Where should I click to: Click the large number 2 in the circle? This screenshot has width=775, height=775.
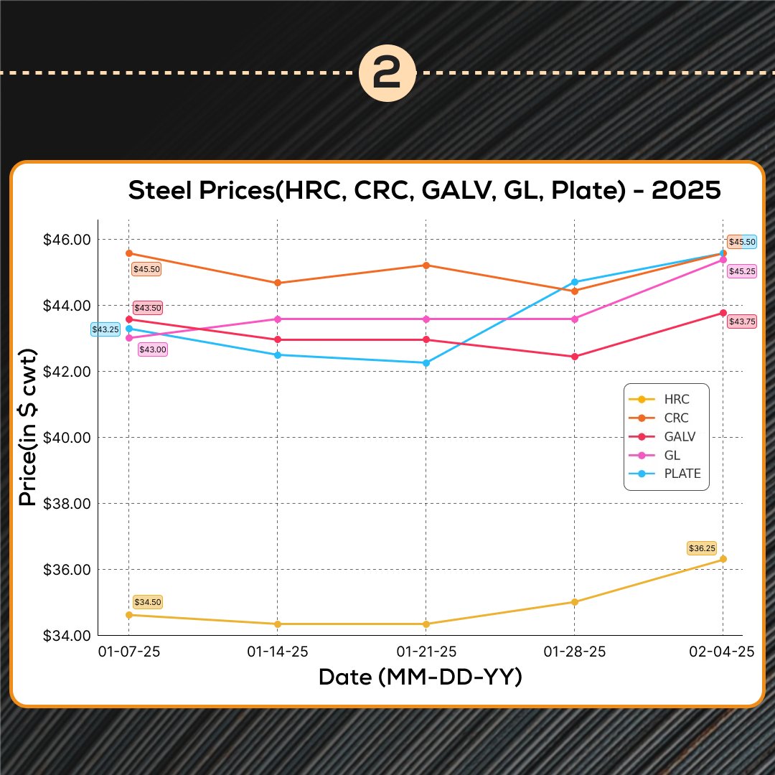[x=387, y=74]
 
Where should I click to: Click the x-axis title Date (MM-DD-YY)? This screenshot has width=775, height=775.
[x=420, y=677]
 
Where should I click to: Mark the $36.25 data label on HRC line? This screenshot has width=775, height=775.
[x=702, y=548]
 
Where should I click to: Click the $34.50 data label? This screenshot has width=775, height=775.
[x=148, y=602]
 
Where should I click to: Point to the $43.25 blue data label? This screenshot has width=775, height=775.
[x=105, y=329]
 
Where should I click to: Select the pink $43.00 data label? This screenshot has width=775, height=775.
[x=152, y=349]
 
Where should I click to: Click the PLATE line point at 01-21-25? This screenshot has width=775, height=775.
[x=426, y=363]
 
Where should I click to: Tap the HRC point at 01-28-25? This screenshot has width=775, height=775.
[x=575, y=602]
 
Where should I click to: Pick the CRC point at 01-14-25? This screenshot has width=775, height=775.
[x=278, y=283]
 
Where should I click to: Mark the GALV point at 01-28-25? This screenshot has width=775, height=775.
[x=575, y=357]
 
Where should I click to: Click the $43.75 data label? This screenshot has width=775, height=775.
[x=741, y=322]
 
